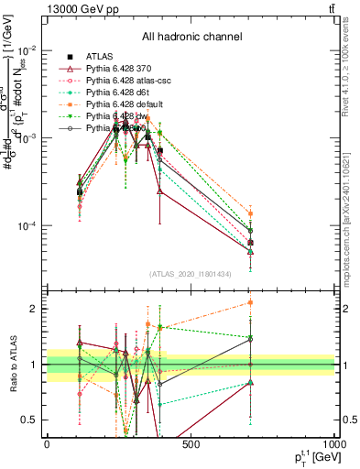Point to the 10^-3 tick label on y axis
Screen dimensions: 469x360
tap(27, 137)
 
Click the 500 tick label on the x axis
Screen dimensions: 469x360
tap(191, 445)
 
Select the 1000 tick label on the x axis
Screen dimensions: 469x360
tap(333, 445)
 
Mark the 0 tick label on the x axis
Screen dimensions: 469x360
tap(47, 445)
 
